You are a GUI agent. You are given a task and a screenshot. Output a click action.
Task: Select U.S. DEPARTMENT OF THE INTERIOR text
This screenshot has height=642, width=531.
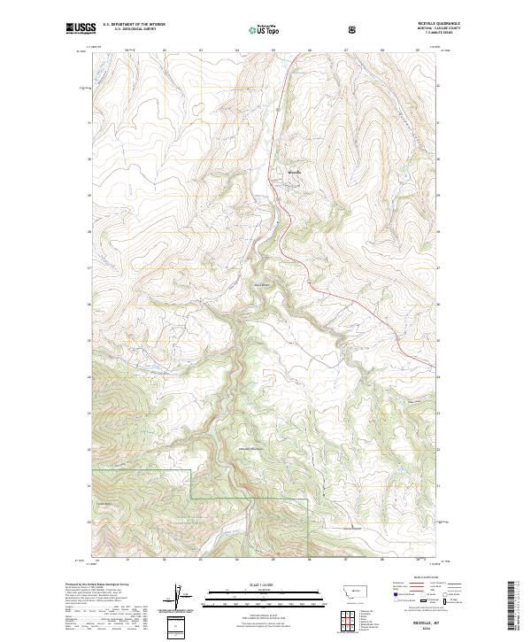134,24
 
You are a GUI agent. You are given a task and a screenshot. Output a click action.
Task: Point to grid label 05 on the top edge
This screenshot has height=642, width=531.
273,50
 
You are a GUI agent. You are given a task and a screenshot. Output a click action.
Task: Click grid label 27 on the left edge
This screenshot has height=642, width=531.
89,267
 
